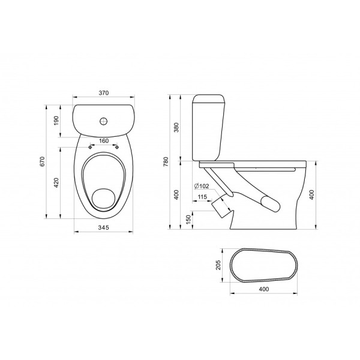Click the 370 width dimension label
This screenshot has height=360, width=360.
tap(104, 93)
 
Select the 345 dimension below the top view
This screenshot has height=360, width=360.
tap(104, 227)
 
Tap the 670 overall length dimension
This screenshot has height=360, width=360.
tap(42, 161)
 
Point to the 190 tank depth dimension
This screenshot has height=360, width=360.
tap(56, 121)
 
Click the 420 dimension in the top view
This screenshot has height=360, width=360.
tap(56, 182)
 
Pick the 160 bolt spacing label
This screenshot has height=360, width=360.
tap(104, 141)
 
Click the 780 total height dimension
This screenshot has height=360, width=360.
tap(166, 161)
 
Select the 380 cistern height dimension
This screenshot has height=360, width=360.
tap(176, 127)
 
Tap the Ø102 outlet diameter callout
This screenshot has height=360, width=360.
tap(202, 186)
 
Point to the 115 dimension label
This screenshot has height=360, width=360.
tap(202, 197)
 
